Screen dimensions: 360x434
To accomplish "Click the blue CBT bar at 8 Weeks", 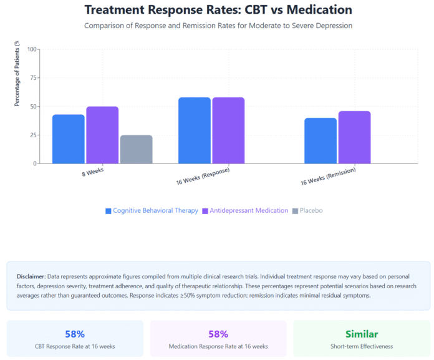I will click(x=69, y=139).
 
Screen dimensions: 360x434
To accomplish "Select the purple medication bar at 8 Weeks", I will click(x=102, y=135).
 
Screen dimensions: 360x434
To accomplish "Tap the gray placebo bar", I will click(x=136, y=149).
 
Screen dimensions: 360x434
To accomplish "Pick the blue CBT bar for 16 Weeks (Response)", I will click(x=195, y=130).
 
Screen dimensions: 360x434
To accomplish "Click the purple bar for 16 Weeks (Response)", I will click(x=228, y=130).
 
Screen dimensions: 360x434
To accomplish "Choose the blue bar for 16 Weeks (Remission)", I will click(x=321, y=140).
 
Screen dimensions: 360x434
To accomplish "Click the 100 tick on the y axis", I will click(x=32, y=49).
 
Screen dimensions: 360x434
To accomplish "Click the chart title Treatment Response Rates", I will click(x=218, y=10).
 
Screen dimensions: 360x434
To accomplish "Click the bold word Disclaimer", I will click(x=31, y=276).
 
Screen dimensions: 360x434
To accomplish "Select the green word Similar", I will click(x=362, y=334).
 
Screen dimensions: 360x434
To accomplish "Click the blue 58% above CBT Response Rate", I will click(x=75, y=334).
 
